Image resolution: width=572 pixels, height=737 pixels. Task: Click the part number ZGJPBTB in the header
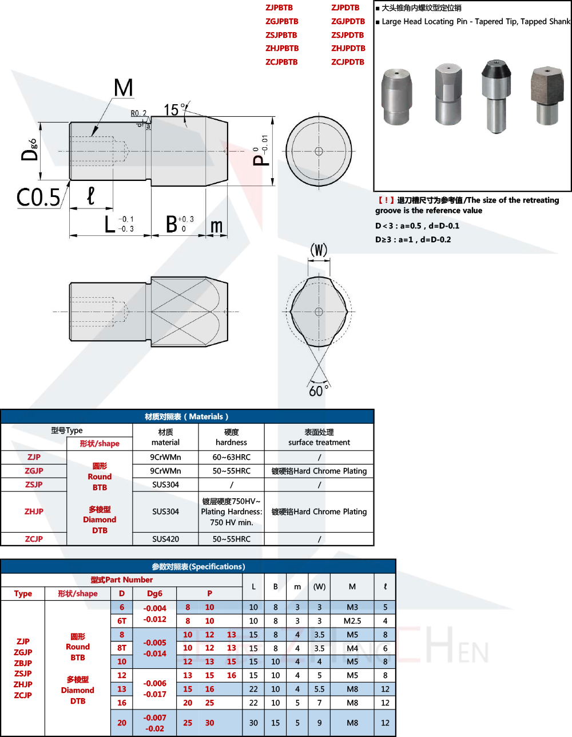[x=282, y=21]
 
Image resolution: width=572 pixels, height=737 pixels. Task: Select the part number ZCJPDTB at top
[x=348, y=62]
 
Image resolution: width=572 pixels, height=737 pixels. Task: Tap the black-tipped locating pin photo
[x=496, y=97]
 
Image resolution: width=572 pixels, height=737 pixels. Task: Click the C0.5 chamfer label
[x=38, y=198]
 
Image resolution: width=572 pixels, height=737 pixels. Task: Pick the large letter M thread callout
[x=124, y=88]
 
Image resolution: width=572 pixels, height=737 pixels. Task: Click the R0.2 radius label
[x=139, y=113]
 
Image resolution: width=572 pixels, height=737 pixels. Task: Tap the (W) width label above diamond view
[x=319, y=250]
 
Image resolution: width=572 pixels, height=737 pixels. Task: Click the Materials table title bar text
[x=186, y=416]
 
